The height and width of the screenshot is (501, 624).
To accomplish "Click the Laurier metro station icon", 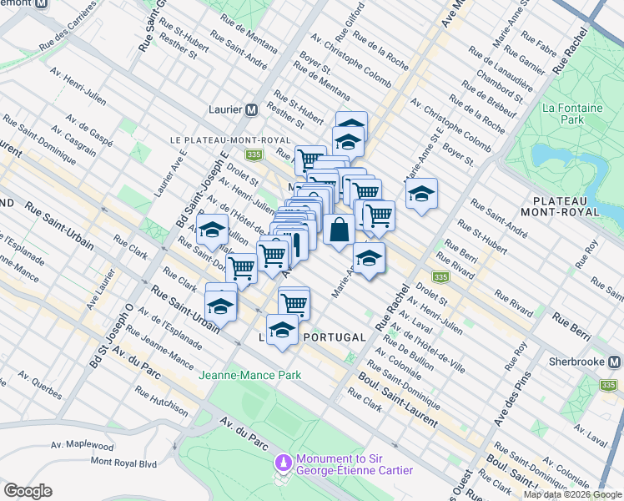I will [250, 110].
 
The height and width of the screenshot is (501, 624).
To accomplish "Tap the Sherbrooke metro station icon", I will [615, 362].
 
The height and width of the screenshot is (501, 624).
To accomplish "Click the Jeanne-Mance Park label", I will [249, 375].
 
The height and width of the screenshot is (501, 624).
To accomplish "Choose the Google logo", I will [28, 490].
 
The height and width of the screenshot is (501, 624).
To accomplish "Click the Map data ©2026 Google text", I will [572, 494].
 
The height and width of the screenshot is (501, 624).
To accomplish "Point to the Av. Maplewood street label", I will [82, 446].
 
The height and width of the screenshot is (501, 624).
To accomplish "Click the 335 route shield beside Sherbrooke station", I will [608, 385].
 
